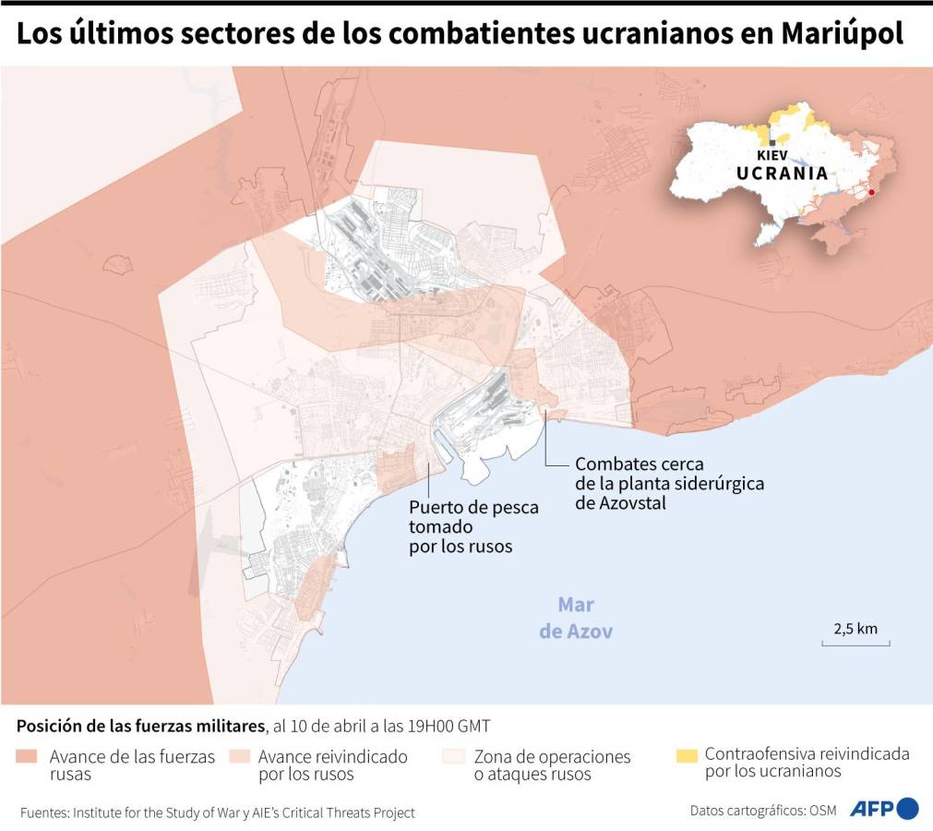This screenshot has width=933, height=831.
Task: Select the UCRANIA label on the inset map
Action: [x=782, y=174]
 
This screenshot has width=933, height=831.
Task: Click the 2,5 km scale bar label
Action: [x=855, y=629]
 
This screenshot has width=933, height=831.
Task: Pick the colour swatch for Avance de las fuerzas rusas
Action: [x=28, y=757]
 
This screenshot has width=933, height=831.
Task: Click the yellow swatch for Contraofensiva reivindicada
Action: [x=686, y=755]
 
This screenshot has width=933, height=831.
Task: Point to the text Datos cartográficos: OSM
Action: [x=763, y=811]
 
